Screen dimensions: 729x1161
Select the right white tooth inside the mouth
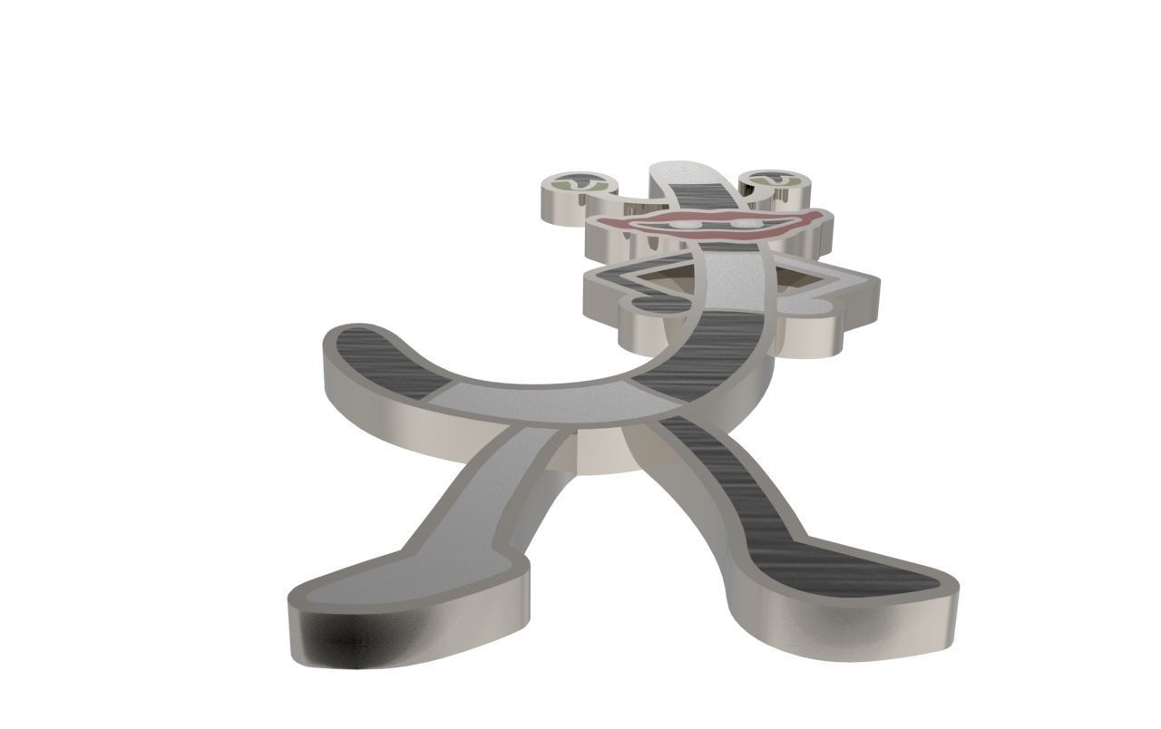click(746, 222)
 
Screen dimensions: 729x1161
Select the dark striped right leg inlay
click(726, 481)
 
